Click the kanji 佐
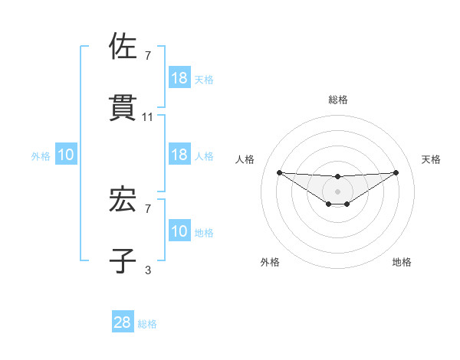tap(123, 47)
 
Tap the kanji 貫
tap(123, 107)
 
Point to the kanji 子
tap(123, 260)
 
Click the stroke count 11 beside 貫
tap(148, 117)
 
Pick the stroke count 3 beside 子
tap(148, 270)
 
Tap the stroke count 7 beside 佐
tap(148, 56)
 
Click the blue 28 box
tap(123, 323)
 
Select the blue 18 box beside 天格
tap(179, 78)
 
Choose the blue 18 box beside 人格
tap(179, 155)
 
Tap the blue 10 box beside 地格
tap(179, 231)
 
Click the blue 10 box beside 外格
tap(66, 155)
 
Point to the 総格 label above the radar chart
tap(338, 100)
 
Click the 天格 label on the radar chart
tap(432, 159)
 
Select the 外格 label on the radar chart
tap(270, 262)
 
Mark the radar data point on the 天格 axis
tap(396, 172)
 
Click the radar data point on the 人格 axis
tap(279, 172)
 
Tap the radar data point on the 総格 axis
tap(337, 177)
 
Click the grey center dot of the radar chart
tap(337, 191)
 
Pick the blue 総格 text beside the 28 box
tap(147, 324)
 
